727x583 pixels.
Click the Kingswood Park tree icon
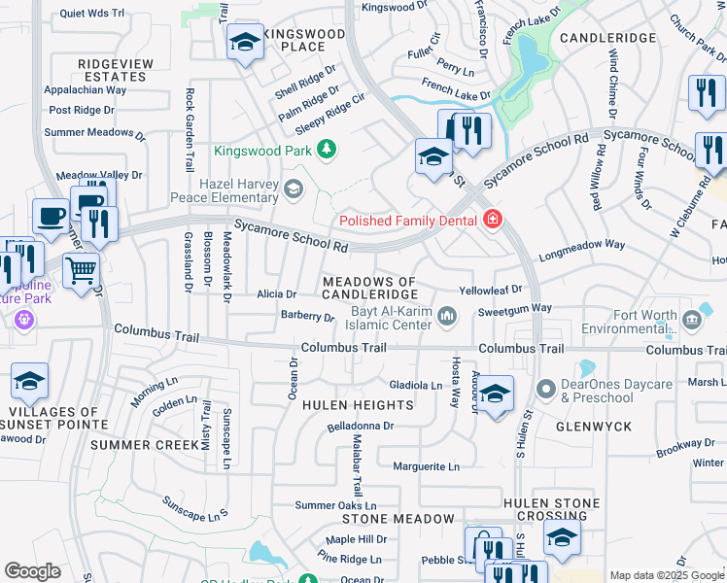(328, 150)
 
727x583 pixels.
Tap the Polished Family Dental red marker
(493, 221)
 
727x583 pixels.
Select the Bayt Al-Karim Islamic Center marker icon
(447, 314)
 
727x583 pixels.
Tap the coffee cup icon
(51, 216)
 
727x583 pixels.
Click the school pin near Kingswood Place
(245, 44)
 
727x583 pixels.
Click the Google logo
(32, 571)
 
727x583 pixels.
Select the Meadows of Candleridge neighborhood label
(369, 288)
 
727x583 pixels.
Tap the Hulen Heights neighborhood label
(358, 404)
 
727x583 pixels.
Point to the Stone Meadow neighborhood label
(398, 519)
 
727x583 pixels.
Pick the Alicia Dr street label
(276, 293)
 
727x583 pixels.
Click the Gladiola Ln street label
(416, 385)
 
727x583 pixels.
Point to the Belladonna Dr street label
(361, 426)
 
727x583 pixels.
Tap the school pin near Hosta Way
(495, 394)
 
